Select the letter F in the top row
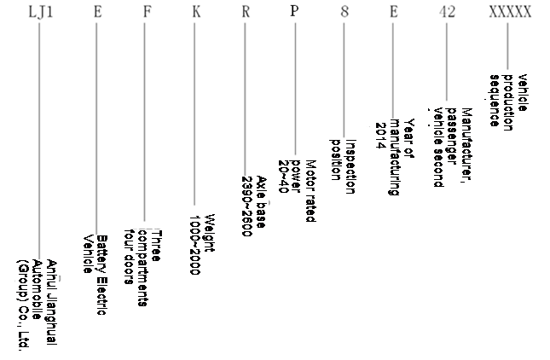[x=146, y=12]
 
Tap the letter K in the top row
[x=195, y=12]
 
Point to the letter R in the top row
[x=246, y=12]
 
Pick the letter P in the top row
[x=295, y=12]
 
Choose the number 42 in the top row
[x=447, y=12]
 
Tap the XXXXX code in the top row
[x=510, y=12]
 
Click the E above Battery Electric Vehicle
[x=96, y=12]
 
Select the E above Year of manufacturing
[x=394, y=12]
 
